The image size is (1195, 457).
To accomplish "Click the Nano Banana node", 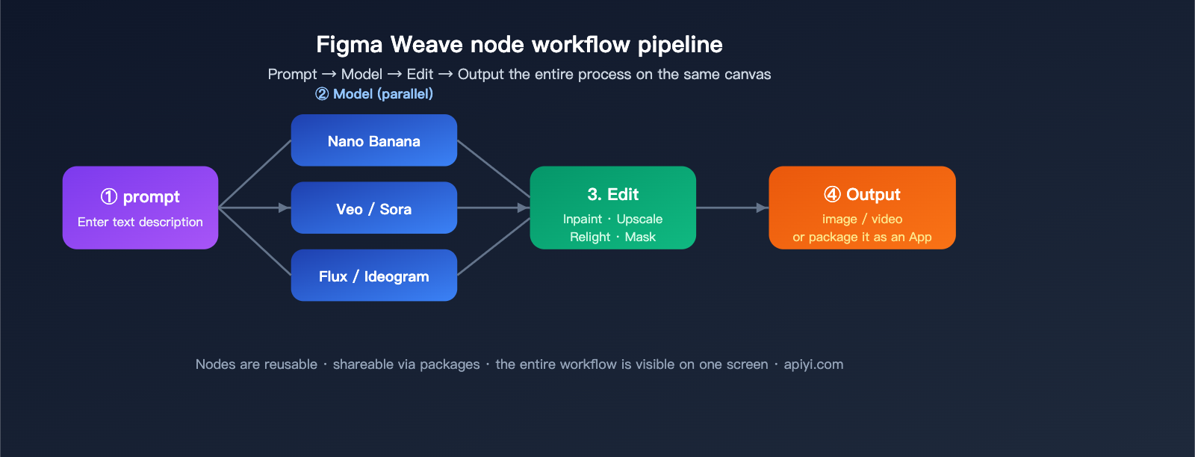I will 373,140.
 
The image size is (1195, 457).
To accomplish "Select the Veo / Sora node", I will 373,208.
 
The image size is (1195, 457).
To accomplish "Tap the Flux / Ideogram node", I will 373,276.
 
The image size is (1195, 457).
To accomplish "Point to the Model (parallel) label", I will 382,94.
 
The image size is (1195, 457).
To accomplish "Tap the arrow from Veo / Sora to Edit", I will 493,208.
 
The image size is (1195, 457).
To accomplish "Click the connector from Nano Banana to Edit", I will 493,169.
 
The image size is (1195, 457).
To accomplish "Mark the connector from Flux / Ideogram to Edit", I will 493,247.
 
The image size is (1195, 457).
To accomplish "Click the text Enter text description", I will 140,223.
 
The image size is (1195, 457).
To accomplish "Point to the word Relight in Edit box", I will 590,237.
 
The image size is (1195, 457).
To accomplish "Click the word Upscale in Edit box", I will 639,220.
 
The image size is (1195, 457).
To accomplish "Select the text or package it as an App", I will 862,237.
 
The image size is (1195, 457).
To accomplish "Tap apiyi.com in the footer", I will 813,364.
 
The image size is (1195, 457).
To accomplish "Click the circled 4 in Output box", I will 832,195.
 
